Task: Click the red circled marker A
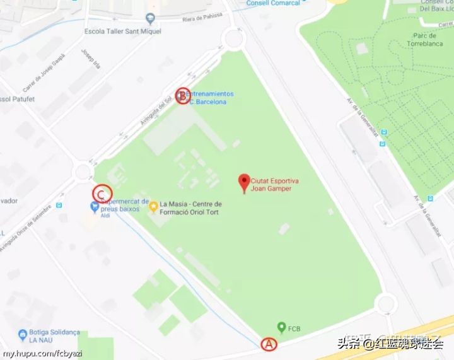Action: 269,344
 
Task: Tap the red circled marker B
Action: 182,96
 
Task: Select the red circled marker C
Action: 102,194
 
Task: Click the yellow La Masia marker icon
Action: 153,206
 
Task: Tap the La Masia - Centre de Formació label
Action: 191,208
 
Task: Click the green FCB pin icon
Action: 281,327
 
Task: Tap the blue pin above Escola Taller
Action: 150,18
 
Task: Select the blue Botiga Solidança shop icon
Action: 23,334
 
